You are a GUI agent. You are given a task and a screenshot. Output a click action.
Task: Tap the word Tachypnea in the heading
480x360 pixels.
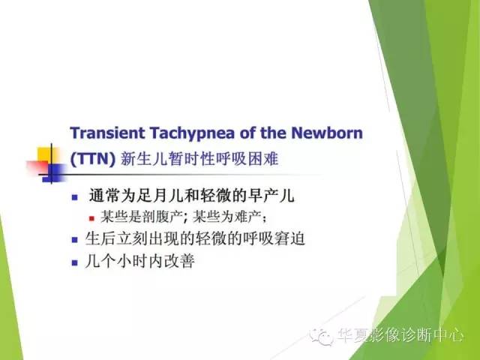tap(187, 133)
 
